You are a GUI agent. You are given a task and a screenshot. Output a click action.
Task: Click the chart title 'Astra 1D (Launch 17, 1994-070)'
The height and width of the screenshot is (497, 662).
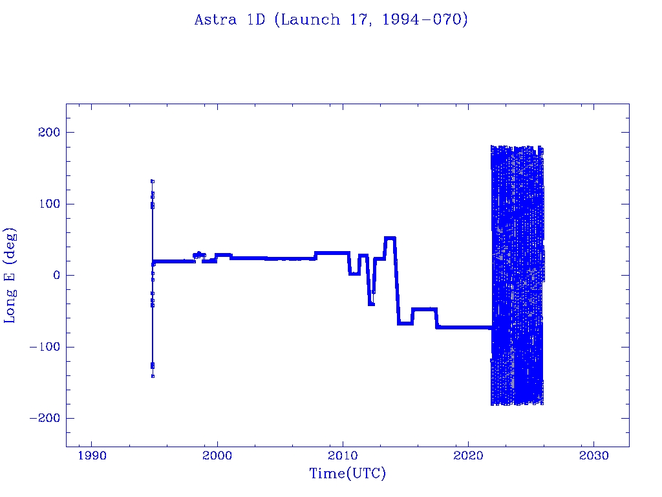click(x=331, y=20)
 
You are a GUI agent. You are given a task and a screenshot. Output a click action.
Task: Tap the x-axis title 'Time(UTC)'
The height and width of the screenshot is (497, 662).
click(x=347, y=474)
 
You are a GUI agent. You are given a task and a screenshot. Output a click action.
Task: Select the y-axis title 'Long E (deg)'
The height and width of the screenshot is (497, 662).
click(x=10, y=275)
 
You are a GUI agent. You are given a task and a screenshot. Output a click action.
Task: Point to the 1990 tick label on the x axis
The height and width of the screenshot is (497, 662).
click(x=91, y=456)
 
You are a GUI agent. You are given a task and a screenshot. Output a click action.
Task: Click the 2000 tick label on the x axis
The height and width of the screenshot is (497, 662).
click(x=217, y=456)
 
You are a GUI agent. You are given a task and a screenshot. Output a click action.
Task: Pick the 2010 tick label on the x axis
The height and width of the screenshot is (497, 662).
click(x=343, y=456)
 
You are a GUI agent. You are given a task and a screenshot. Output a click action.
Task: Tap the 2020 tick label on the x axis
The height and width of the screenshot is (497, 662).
click(x=468, y=456)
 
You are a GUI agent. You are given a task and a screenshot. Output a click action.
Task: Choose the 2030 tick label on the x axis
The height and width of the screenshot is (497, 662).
click(x=593, y=456)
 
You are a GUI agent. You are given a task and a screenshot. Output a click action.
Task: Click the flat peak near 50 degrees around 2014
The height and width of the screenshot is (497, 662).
click(x=390, y=238)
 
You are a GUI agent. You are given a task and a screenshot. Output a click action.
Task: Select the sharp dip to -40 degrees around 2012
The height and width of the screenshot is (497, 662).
click(x=371, y=304)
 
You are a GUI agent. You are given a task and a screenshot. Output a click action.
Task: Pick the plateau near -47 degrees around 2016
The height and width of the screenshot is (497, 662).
click(x=425, y=309)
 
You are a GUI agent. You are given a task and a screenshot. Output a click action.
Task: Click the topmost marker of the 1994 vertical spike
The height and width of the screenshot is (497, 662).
click(x=153, y=181)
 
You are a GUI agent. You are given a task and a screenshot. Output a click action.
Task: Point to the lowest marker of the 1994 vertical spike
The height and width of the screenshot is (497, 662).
click(x=153, y=376)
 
